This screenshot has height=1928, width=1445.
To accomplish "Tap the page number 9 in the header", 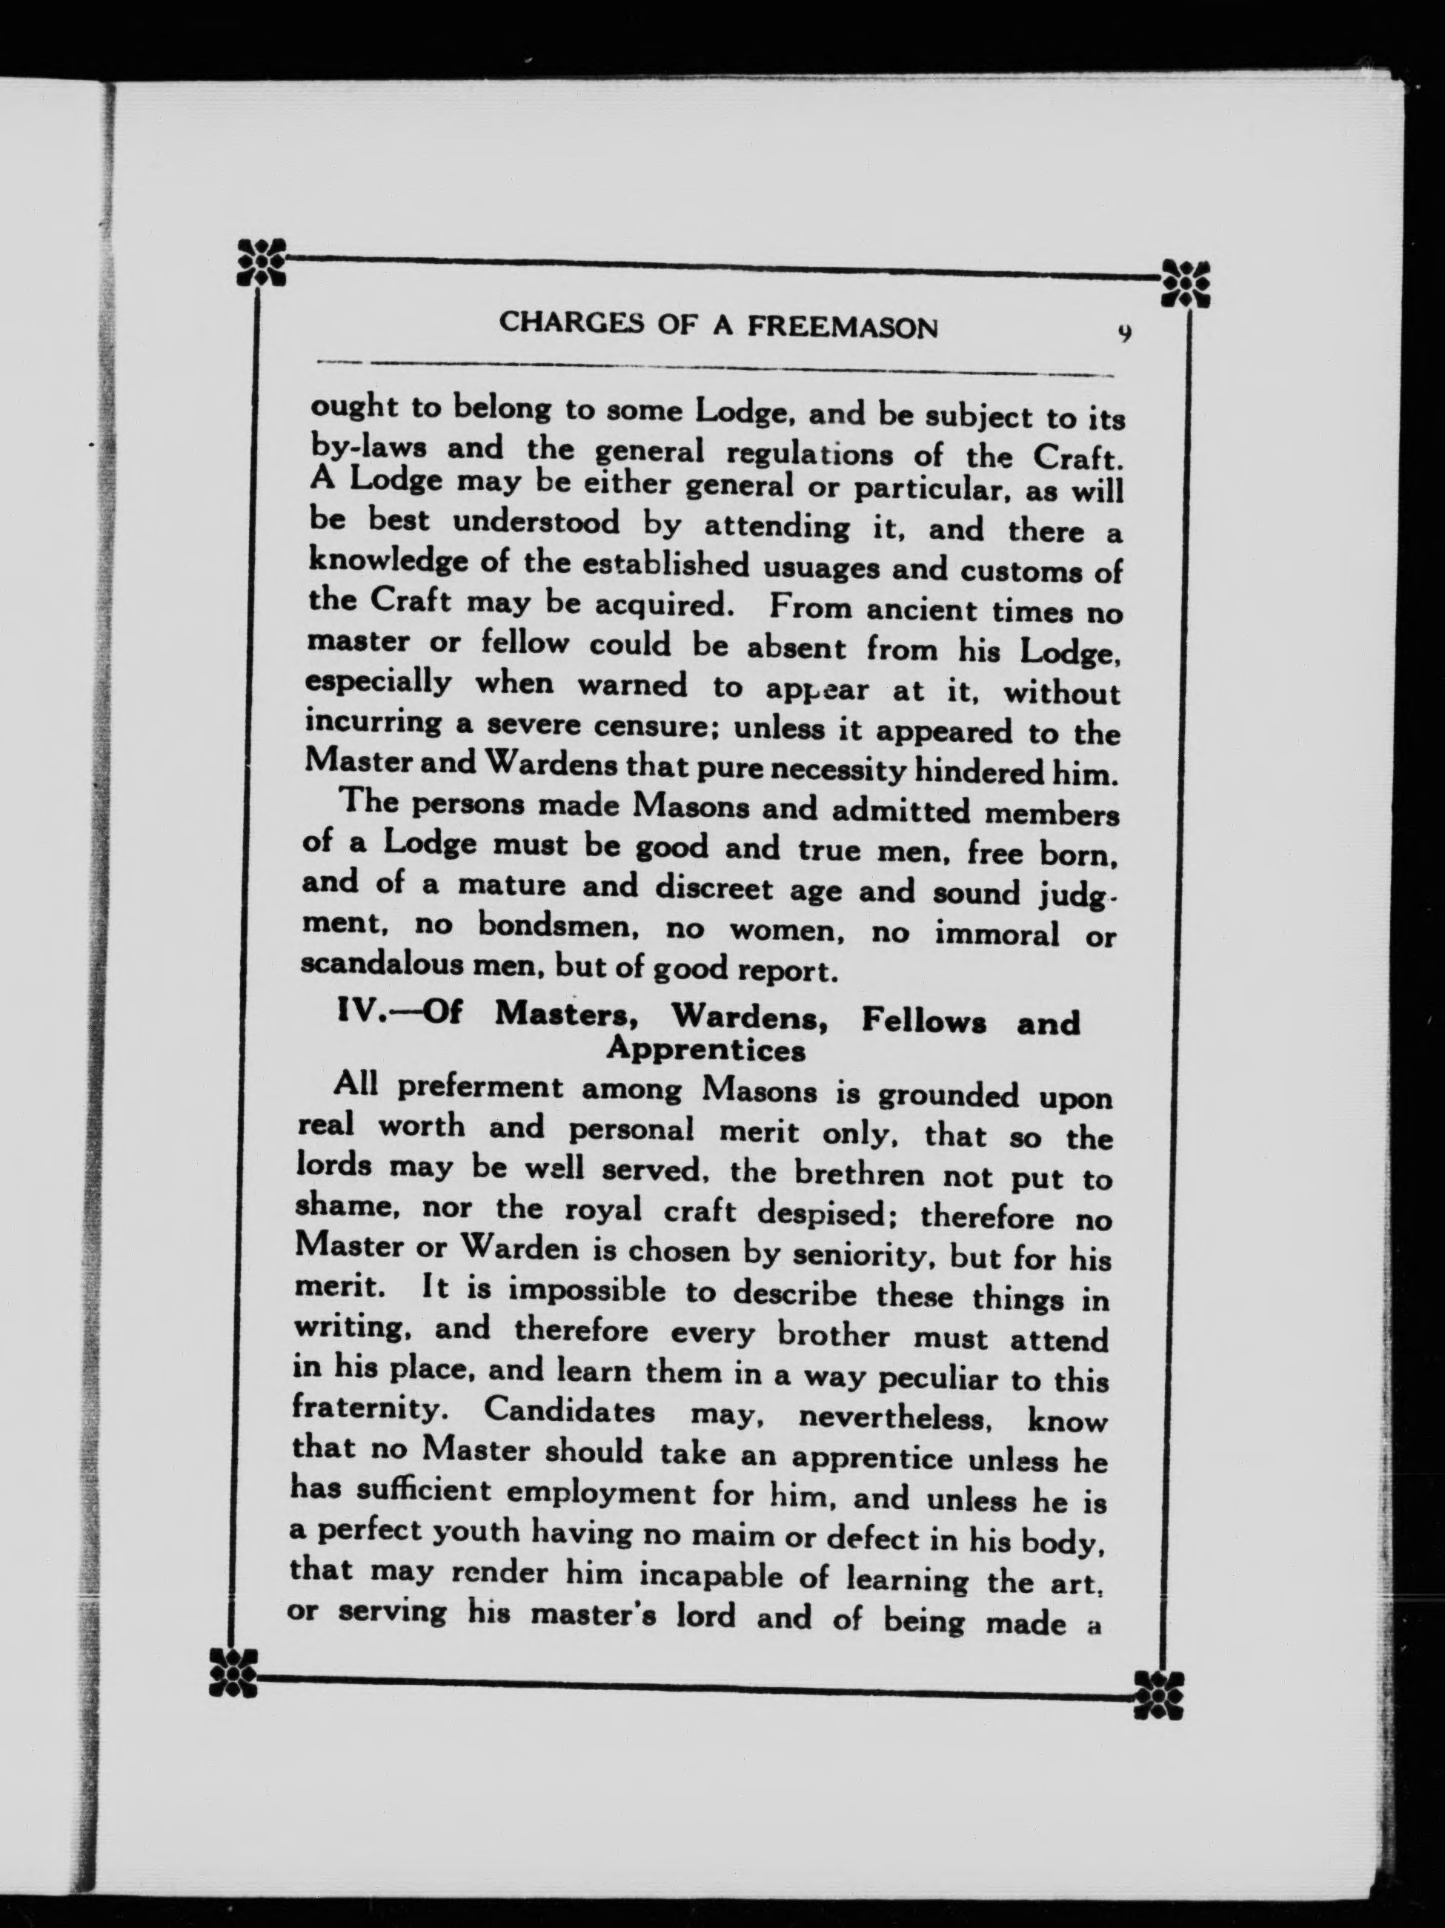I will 1124,333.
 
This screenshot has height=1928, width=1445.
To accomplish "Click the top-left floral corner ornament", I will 262,261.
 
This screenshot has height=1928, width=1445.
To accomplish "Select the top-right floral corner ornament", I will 1186,282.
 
